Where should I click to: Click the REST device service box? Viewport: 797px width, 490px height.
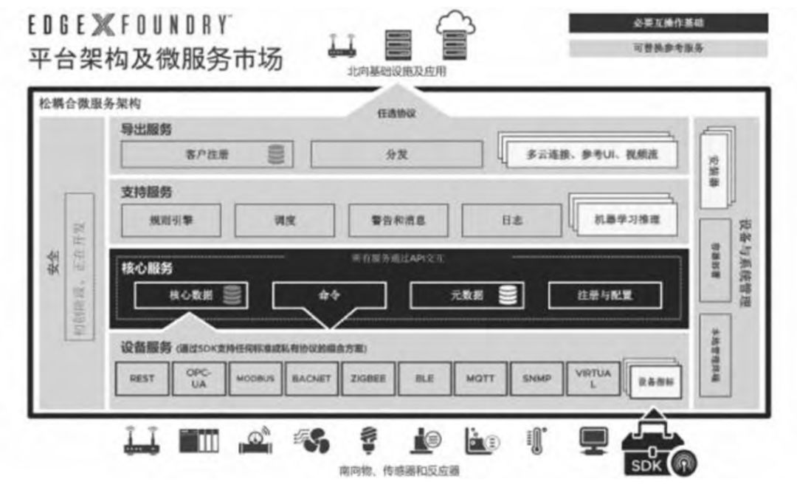pos(142,379)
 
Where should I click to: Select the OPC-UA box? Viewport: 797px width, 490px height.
pos(199,379)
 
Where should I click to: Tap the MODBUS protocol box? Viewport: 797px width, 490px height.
pos(255,379)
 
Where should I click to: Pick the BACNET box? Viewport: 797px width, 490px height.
pos(311,379)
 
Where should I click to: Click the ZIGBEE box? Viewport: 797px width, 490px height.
pos(368,379)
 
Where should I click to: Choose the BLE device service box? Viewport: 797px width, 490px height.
pos(424,379)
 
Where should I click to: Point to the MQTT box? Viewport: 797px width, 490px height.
pos(480,379)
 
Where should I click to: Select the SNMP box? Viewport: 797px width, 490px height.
pos(536,379)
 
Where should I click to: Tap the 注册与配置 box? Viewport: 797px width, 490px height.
pos(604,295)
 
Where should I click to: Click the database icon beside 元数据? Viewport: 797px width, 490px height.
pos(508,295)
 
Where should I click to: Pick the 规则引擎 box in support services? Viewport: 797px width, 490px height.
pos(170,220)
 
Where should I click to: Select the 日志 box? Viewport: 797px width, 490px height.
pos(511,220)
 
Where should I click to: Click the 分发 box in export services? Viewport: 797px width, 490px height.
pos(396,155)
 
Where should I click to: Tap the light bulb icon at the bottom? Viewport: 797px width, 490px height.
pos(367,441)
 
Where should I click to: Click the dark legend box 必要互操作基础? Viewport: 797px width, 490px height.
pos(668,23)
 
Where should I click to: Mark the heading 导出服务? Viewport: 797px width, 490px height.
pos(146,129)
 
